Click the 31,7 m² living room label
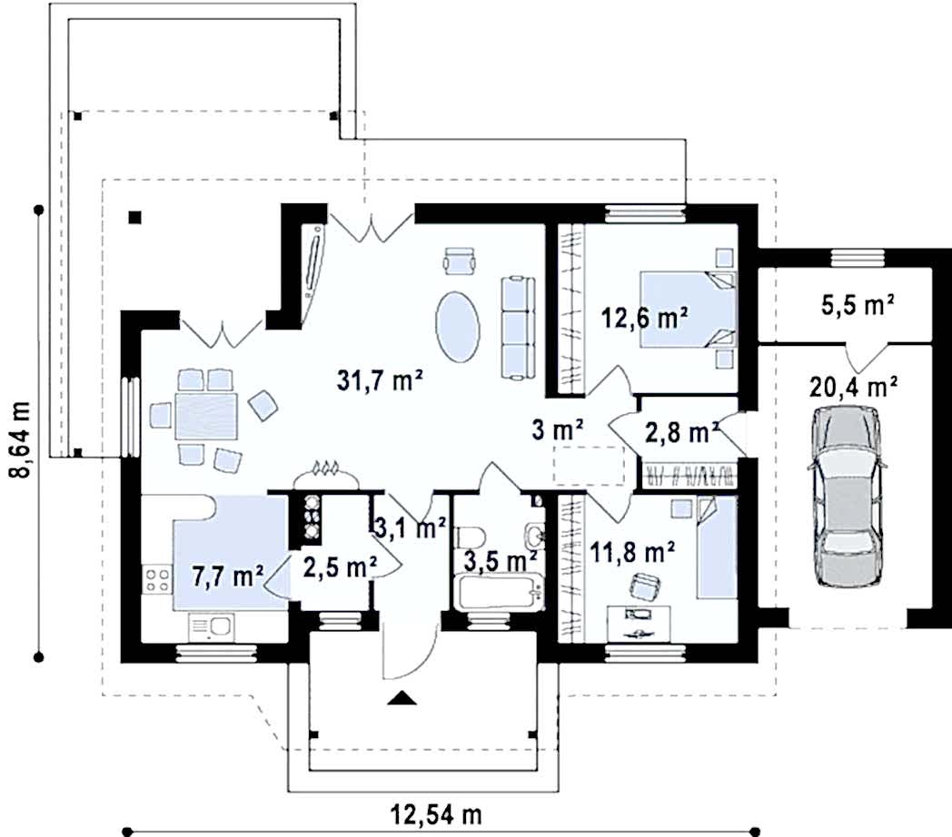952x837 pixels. [380, 381]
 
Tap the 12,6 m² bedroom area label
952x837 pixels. [645, 318]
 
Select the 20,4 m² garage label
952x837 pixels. [854, 386]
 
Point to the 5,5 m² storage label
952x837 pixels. [858, 305]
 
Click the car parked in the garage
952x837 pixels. [847, 496]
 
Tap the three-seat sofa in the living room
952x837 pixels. [518, 328]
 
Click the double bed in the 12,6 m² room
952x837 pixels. [688, 310]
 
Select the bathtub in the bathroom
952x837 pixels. [498, 593]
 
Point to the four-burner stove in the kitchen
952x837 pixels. [156, 580]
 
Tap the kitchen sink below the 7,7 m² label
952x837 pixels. [211, 627]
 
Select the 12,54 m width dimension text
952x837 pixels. [436, 814]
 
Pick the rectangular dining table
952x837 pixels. [206, 416]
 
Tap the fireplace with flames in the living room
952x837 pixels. [325, 476]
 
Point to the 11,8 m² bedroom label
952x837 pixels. [632, 553]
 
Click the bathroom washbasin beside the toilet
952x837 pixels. [534, 536]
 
